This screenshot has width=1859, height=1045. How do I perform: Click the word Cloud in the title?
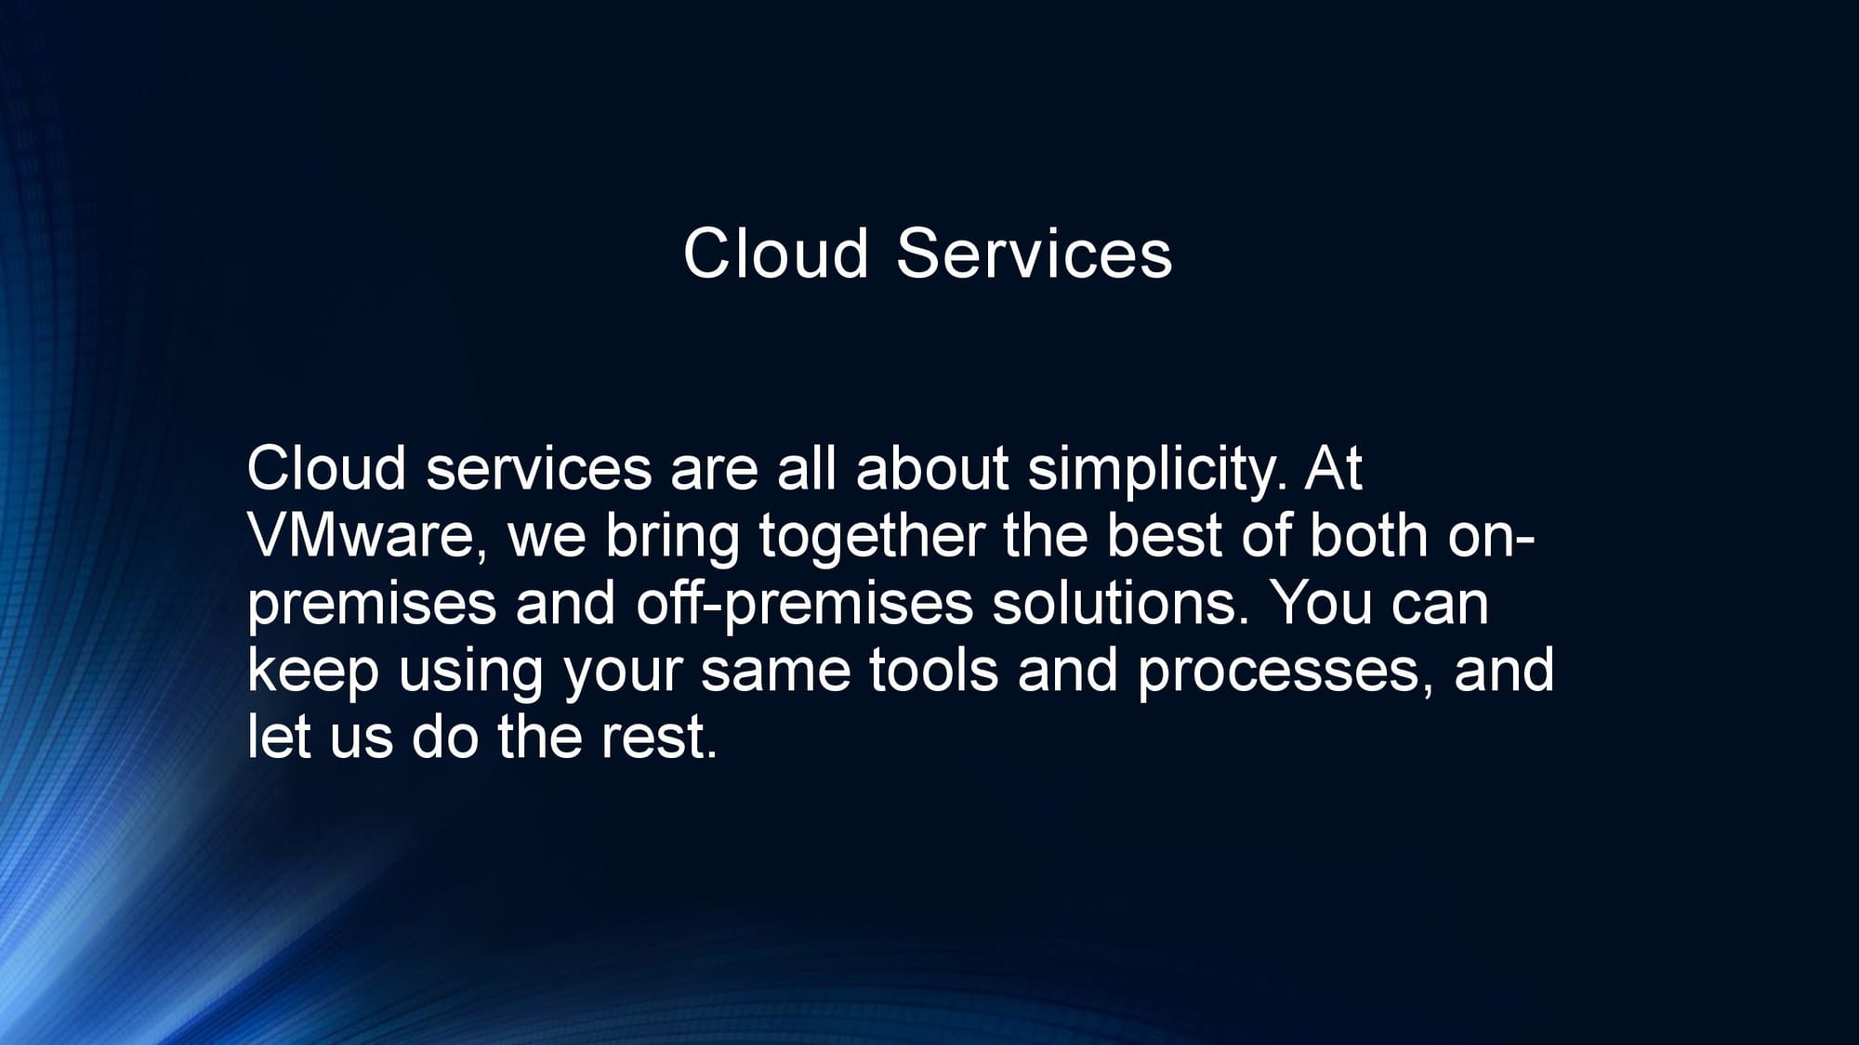pos(775,253)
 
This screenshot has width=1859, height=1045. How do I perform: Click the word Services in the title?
pos(1034,253)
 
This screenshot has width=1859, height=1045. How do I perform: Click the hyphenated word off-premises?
pos(804,604)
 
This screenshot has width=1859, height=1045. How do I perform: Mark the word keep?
pos(313,671)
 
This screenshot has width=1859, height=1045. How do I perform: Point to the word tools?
pos(933,670)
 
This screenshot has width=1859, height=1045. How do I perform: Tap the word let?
pos(279,737)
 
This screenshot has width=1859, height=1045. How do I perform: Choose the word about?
pos(931,469)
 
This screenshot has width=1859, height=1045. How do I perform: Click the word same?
pos(775,671)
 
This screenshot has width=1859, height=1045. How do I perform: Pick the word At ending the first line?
pos(1332,469)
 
